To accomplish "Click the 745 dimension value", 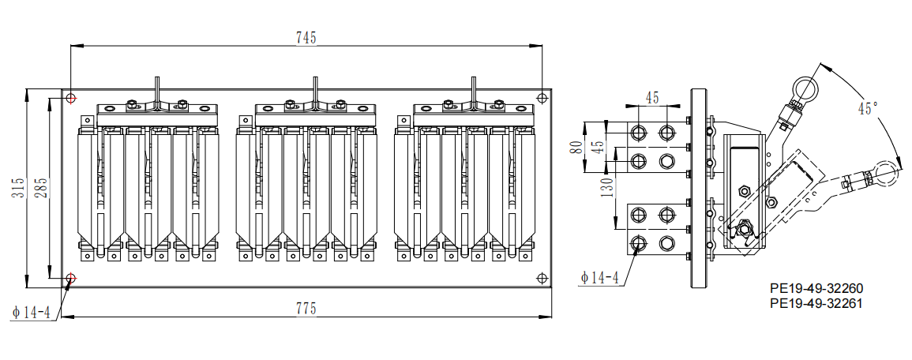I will (x=306, y=38).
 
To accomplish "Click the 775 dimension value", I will (x=306, y=309).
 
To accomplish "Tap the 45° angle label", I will (x=867, y=109).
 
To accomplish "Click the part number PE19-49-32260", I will (x=816, y=289).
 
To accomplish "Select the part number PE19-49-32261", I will (x=816, y=303).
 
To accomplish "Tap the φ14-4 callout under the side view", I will (x=599, y=277).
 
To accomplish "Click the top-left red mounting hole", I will (x=71, y=98).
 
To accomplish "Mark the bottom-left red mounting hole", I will (x=71, y=278).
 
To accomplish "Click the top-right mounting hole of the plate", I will (x=541, y=98).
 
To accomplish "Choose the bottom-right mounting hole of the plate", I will (x=541, y=278).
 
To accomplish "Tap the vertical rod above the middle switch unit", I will (x=314, y=90).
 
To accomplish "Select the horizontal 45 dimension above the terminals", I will (x=651, y=98).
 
